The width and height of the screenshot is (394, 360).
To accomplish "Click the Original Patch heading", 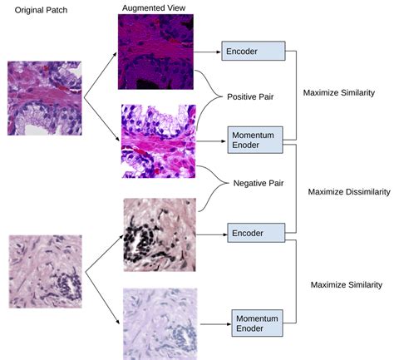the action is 41,10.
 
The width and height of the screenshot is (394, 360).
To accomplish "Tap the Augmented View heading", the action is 154,8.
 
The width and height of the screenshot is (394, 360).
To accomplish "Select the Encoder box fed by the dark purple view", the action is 254,51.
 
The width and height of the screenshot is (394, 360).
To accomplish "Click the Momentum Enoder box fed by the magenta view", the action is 255,140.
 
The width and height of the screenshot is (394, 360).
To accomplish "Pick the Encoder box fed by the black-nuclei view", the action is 256,233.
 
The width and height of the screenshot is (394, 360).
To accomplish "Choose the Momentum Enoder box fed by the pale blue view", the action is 257,323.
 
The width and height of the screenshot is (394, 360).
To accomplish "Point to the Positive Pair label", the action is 250,96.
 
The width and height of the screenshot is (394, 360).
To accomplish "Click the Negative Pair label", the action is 259,183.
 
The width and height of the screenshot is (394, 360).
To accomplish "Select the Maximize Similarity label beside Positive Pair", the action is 339,92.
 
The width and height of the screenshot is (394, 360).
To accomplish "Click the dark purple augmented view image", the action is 155,52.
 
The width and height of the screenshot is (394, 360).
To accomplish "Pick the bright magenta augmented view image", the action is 159,141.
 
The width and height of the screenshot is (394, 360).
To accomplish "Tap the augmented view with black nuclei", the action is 160,234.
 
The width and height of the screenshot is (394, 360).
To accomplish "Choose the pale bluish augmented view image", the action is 160,324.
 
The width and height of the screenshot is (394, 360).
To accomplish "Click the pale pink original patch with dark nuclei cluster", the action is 46,272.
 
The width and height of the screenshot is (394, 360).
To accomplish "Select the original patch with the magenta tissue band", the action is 44,98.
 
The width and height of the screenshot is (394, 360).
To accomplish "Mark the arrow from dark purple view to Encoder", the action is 207,52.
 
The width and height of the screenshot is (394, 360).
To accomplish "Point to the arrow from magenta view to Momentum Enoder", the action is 211,141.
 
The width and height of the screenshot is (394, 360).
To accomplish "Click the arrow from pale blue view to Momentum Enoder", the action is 216,324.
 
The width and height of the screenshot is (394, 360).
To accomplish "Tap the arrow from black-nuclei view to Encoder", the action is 212,234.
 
